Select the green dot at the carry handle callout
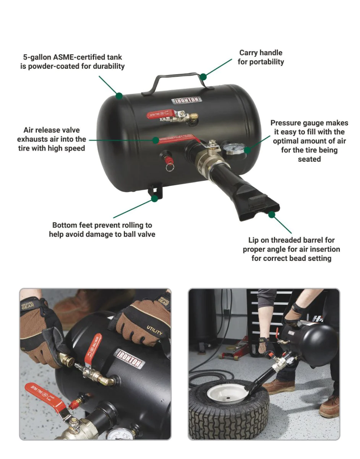click(203, 76)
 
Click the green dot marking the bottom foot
click(154, 198)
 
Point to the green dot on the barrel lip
click(272, 215)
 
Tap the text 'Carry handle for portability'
click(261, 57)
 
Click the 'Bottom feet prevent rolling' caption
click(102, 225)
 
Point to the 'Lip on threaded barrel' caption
click(291, 240)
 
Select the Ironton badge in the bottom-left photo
click(131, 359)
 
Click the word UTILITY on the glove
click(154, 331)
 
